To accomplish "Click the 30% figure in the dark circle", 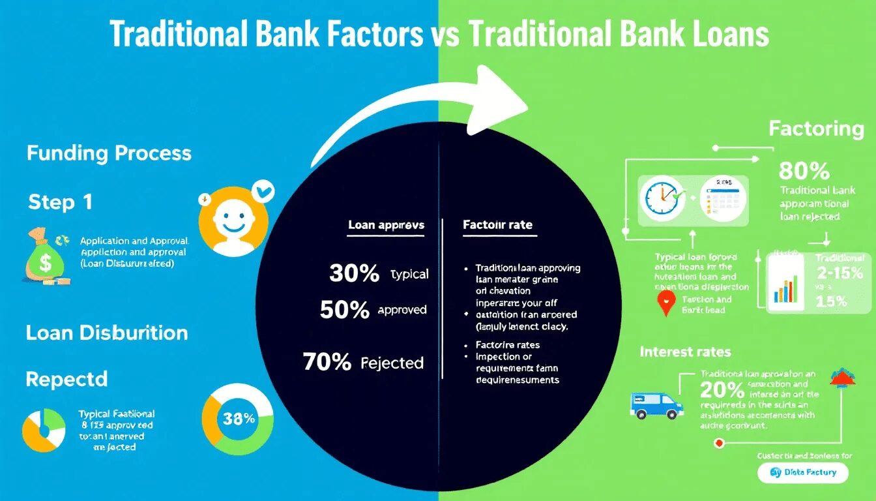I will click(x=355, y=273).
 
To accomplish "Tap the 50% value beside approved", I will click(x=345, y=310).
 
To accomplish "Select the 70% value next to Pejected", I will click(x=327, y=361).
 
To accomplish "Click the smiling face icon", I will click(x=233, y=220).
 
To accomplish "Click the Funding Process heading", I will click(x=109, y=154).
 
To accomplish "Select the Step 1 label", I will click(x=60, y=202).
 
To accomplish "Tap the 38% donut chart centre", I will click(x=239, y=419).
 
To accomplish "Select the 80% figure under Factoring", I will click(x=804, y=171).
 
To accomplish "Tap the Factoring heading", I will click(x=816, y=129).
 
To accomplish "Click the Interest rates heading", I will click(x=686, y=352).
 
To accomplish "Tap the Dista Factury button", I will click(x=803, y=472).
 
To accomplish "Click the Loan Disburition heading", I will click(x=107, y=333).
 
